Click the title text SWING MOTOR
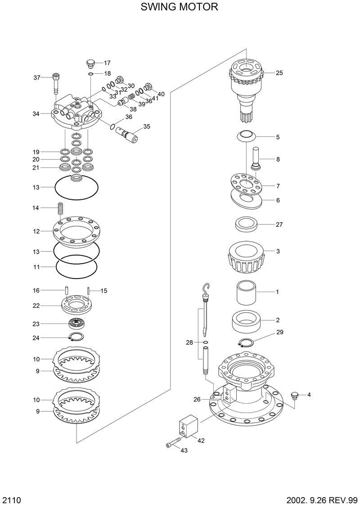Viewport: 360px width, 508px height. click(180, 7)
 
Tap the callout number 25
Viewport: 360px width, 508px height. click(279, 73)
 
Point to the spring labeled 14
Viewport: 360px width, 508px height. click(59, 210)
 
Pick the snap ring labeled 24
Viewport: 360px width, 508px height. click(76, 337)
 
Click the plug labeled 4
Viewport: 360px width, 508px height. click(295, 395)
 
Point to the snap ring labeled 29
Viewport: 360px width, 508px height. click(247, 343)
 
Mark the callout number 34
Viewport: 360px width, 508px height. click(36, 114)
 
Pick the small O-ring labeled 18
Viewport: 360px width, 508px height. click(90, 73)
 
